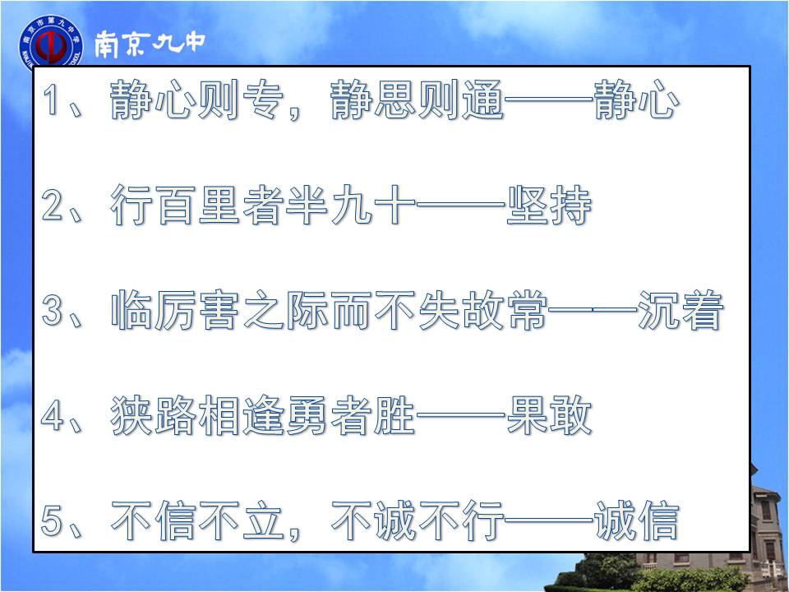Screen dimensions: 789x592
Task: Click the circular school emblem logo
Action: (x=51, y=45)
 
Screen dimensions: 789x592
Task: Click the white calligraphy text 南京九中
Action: (x=150, y=44)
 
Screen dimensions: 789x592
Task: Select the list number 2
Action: (x=51, y=205)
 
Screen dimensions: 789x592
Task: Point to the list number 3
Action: (x=52, y=310)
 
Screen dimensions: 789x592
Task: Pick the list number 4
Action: (x=51, y=416)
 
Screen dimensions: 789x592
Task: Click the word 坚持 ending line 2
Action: (x=549, y=205)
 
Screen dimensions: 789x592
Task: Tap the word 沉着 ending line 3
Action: (x=681, y=310)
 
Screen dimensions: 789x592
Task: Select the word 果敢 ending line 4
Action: (x=549, y=416)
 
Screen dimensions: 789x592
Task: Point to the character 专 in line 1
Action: (x=263, y=99)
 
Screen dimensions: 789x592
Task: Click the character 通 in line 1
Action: (x=483, y=99)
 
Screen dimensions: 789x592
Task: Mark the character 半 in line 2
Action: (x=307, y=205)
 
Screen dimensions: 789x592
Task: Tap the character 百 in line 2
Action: (x=175, y=205)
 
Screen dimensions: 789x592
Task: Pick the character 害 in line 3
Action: (x=219, y=310)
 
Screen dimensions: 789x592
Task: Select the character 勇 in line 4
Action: (x=307, y=416)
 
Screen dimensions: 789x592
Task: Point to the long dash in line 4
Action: (x=460, y=414)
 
